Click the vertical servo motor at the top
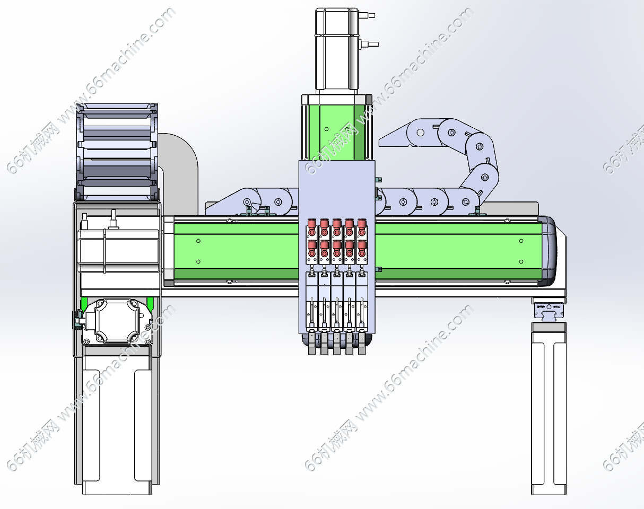(x=337, y=49)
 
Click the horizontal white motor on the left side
(x=118, y=251)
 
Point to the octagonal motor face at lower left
(x=117, y=321)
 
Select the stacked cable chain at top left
(x=117, y=152)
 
